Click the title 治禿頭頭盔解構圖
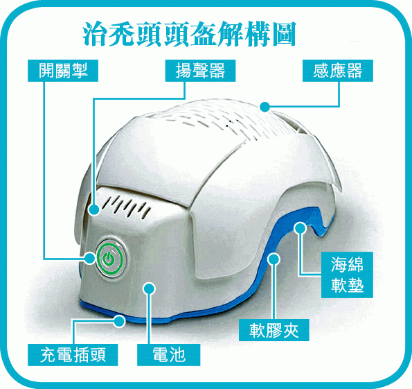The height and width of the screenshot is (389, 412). click(189, 35)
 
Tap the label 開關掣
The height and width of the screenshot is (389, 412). click(63, 71)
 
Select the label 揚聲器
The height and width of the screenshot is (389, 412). click(200, 71)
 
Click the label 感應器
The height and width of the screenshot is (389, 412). click(338, 71)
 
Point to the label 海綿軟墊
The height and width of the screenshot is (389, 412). click(347, 275)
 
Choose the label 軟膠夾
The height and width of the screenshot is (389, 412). click(274, 330)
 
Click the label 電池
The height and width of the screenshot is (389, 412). click(169, 355)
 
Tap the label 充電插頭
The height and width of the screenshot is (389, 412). click(73, 355)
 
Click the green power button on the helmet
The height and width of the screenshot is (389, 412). click(109, 259)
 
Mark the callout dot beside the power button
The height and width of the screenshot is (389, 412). click(89, 258)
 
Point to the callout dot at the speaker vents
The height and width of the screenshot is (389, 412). click(93, 210)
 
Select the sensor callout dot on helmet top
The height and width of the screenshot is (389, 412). click(265, 107)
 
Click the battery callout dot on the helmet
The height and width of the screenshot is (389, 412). click(150, 288)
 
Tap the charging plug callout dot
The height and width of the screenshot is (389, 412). click(120, 321)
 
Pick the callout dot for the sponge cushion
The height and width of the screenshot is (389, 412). click(300, 228)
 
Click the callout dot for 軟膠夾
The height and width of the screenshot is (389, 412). click(274, 259)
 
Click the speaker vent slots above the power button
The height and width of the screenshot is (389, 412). click(127, 205)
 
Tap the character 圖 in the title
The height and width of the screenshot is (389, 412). click(285, 35)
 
